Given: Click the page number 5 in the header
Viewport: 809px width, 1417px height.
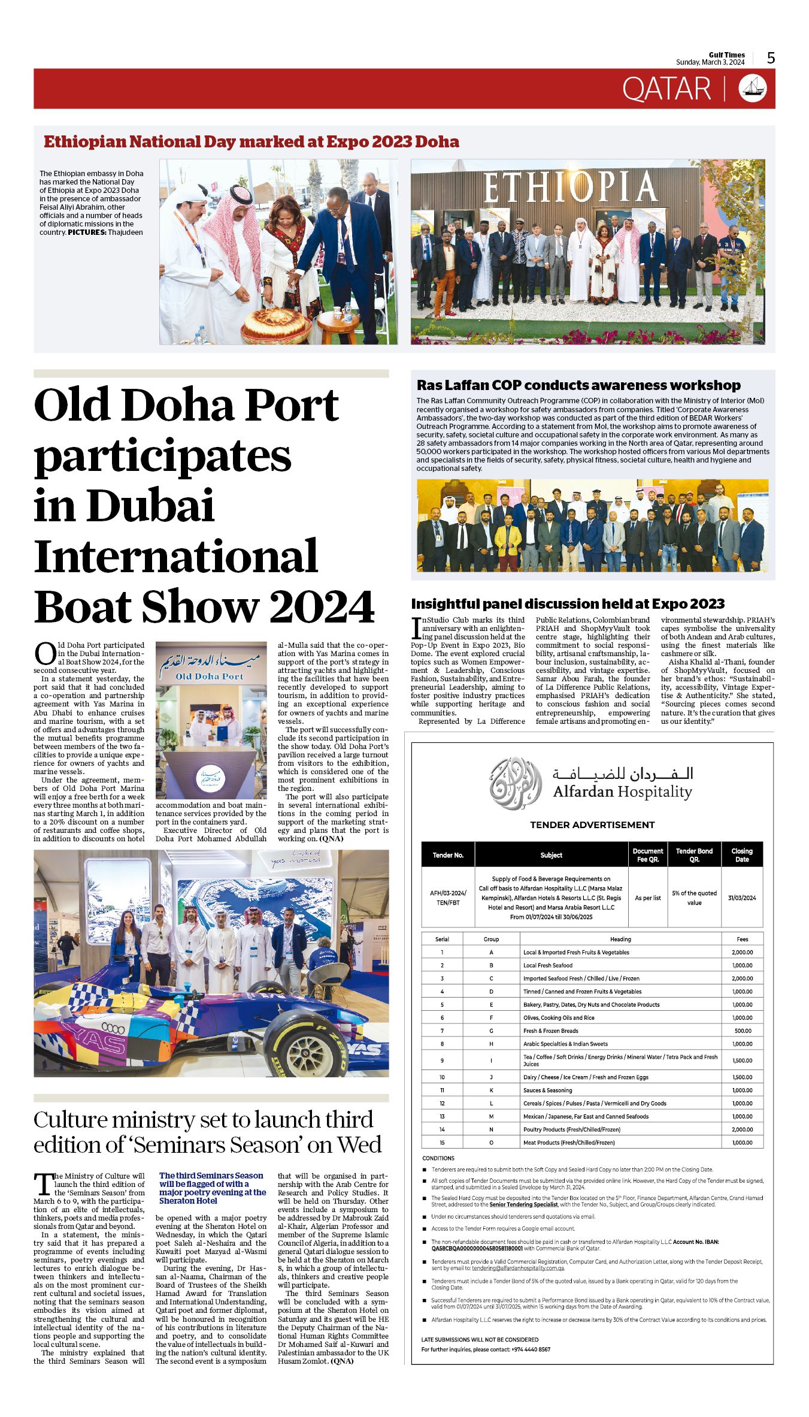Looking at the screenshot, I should pos(771,58).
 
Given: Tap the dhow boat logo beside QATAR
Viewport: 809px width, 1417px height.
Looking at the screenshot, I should pos(752,89).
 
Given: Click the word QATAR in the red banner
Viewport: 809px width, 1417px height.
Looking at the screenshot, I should pos(666,89).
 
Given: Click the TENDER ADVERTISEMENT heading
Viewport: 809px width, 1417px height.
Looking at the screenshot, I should pos(592,825).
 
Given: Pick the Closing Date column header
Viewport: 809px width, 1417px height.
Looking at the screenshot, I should pos(741,855).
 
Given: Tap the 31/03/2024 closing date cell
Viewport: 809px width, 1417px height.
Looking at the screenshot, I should pos(741,898).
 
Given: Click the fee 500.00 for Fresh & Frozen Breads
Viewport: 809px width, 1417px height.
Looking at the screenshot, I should pos(743,1031).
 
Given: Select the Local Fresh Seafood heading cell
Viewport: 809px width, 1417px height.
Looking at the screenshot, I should pos(547,965).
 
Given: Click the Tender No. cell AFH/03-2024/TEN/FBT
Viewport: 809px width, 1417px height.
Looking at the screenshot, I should pos(448,898).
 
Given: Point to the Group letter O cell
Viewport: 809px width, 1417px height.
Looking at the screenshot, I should pos(491,1143).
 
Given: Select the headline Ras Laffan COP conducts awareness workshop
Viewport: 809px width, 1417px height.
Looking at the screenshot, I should pos(578,385).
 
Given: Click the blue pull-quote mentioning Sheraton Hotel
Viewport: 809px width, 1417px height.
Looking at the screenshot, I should pos(213,1188).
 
